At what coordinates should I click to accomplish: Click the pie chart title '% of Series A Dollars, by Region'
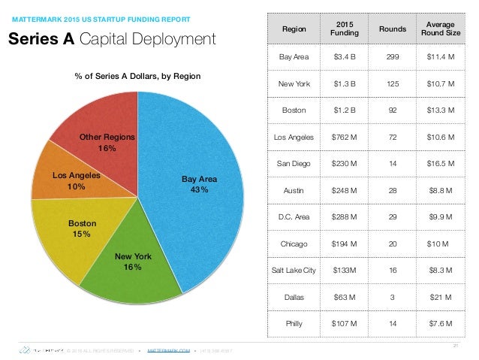click(138, 76)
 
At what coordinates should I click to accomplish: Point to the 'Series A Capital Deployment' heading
click(112, 38)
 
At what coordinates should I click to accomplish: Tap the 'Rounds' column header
click(392, 29)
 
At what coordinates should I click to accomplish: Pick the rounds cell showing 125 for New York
click(392, 83)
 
